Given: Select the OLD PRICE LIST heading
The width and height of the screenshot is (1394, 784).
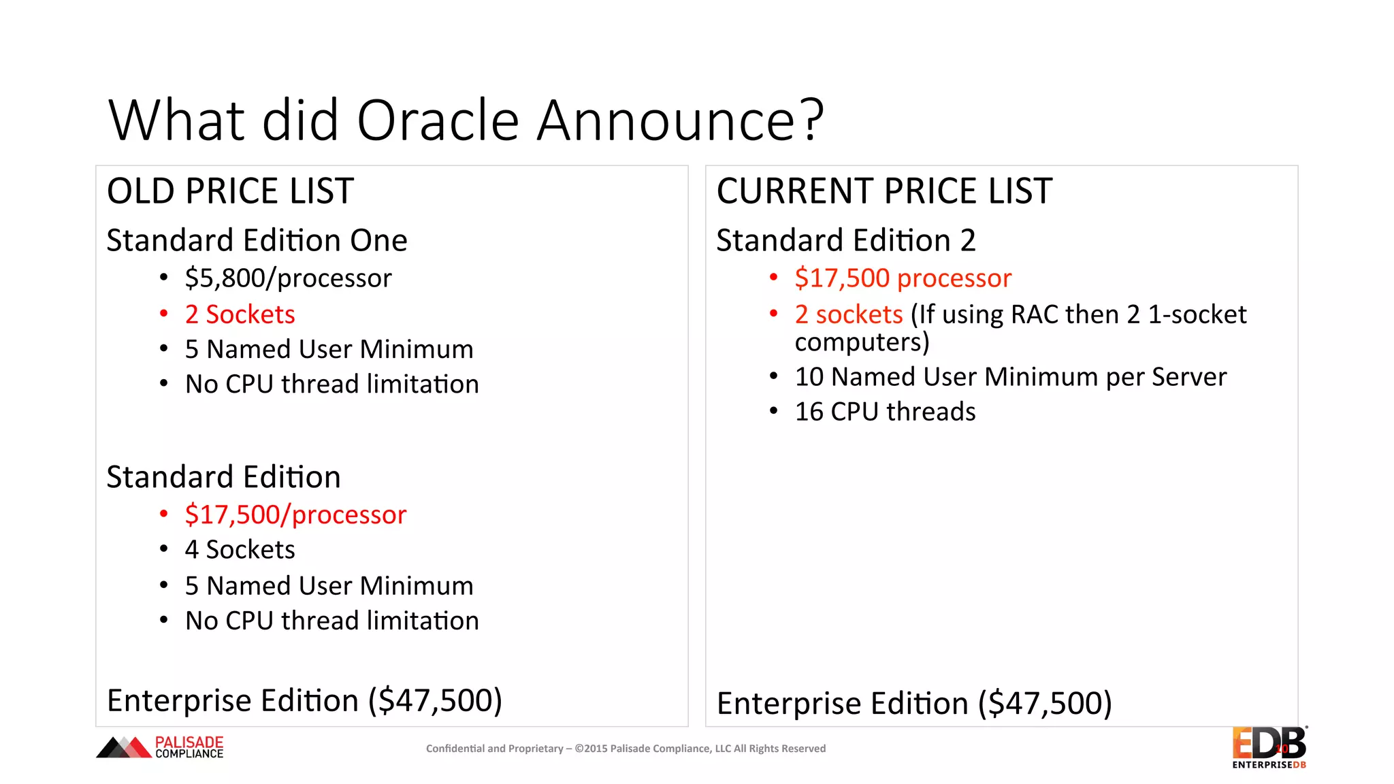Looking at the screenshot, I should pyautogui.click(x=230, y=191).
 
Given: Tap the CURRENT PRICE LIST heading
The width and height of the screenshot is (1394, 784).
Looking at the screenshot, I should pyautogui.click(x=884, y=191).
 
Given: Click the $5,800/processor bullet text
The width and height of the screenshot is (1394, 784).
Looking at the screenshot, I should pyautogui.click(x=288, y=278).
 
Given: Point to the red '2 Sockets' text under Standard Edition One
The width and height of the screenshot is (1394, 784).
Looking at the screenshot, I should pyautogui.click(x=240, y=314).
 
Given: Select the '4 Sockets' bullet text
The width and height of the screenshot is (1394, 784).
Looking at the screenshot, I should pyautogui.click(x=240, y=550).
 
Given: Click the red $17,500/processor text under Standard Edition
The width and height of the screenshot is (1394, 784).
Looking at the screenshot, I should pyautogui.click(x=295, y=515).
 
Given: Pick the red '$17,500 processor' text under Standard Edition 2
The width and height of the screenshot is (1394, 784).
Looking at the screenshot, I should pyautogui.click(x=903, y=278).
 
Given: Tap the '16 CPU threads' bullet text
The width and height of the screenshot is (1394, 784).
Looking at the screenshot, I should pyautogui.click(x=885, y=412).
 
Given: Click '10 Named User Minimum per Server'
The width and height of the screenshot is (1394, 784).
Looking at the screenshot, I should pyautogui.click(x=1010, y=377).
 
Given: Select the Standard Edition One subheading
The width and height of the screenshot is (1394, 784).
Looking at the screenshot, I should pyautogui.click(x=257, y=241).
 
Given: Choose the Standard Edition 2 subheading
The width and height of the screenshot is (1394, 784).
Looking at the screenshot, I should pyautogui.click(x=845, y=241).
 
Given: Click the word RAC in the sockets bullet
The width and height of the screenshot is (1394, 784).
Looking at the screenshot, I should pyautogui.click(x=1034, y=314).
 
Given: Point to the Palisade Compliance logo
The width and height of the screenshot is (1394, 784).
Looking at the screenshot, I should pyautogui.click(x=160, y=747).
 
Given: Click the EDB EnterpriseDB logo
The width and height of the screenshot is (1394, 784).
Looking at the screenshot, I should pyautogui.click(x=1269, y=747).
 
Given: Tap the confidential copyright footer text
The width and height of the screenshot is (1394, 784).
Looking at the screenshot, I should pyautogui.click(x=626, y=749).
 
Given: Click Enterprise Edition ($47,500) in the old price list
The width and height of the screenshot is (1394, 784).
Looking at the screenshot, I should pyautogui.click(x=304, y=701).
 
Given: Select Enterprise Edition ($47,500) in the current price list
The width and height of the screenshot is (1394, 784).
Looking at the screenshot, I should pyautogui.click(x=914, y=704).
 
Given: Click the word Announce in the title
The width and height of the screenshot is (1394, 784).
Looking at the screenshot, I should pyautogui.click(x=666, y=120).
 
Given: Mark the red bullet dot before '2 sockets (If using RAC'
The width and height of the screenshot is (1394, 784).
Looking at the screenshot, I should pyautogui.click(x=773, y=314).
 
